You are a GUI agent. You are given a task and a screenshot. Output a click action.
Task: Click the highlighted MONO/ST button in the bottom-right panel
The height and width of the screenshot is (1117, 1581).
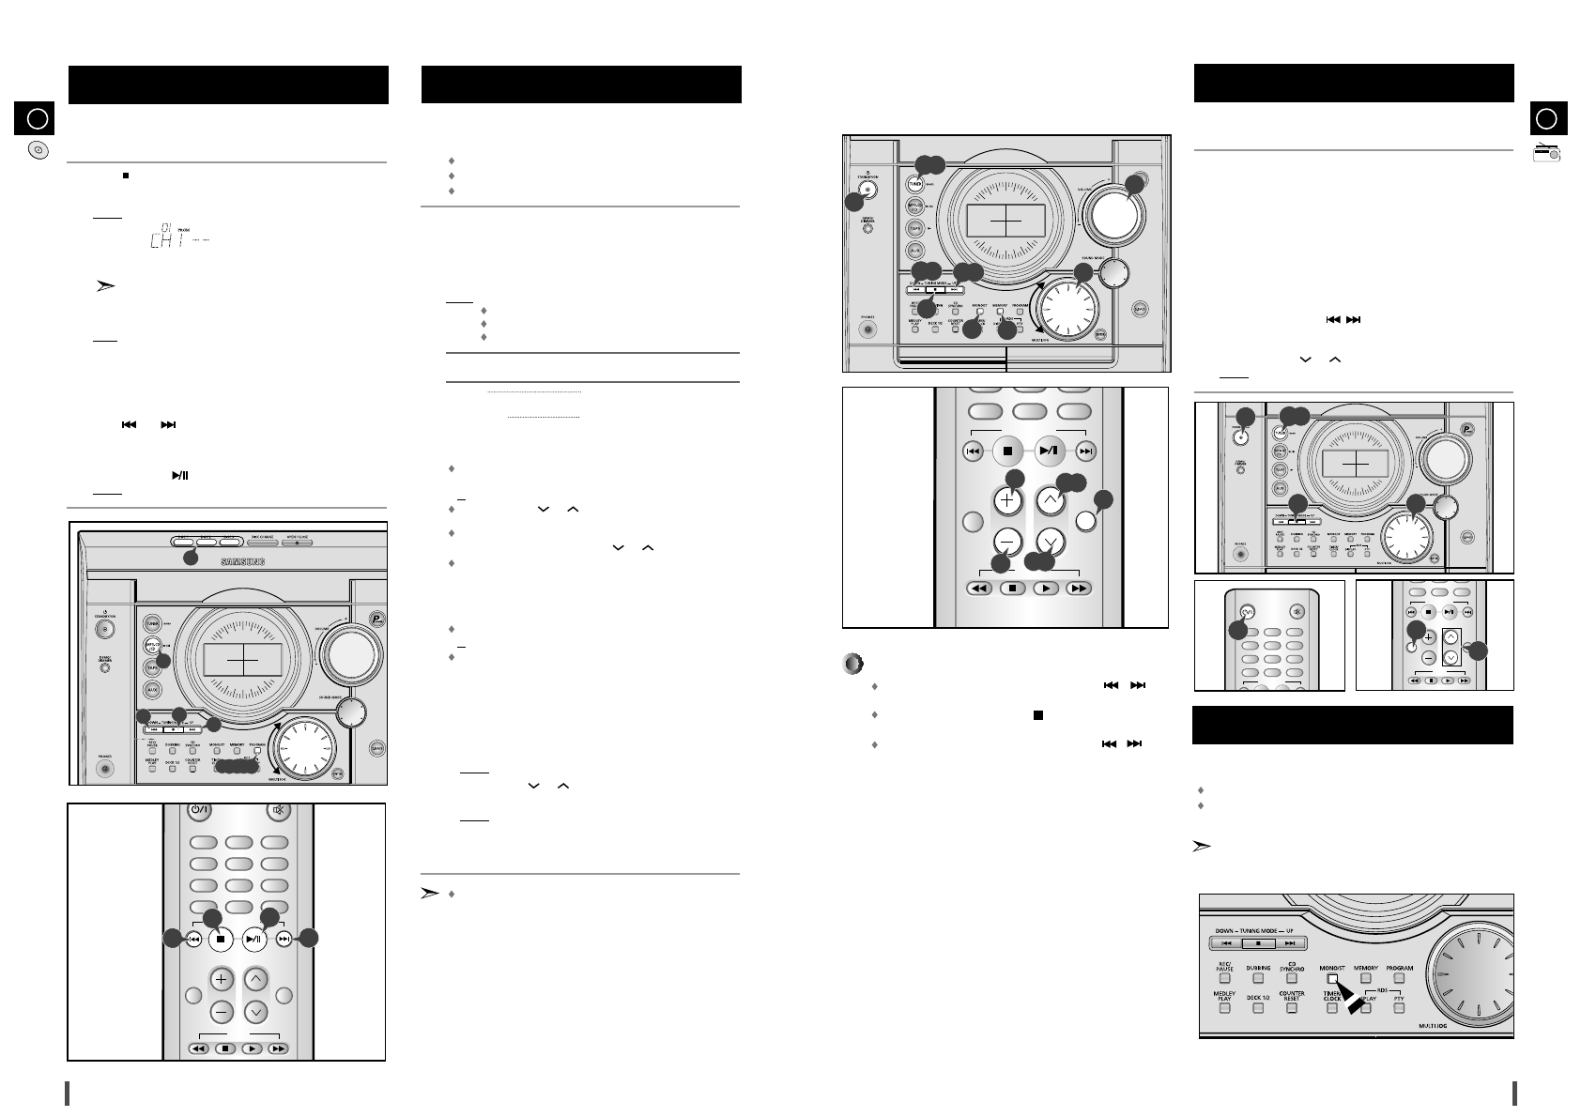point(1332,978)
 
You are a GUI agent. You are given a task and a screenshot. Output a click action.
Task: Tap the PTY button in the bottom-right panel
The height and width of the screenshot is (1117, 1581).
point(1398,1008)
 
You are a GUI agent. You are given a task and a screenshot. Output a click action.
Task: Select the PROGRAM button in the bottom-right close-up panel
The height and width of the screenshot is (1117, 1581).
point(1399,978)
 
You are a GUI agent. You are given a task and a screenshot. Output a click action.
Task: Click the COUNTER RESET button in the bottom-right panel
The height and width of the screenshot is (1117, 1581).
point(1292,1007)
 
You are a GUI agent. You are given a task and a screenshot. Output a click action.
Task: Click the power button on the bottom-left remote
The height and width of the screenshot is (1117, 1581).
point(198,810)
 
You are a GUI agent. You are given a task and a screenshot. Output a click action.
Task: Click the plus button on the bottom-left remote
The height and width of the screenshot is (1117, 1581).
point(222,980)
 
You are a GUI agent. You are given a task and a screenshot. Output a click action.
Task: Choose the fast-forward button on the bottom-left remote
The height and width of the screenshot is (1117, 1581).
point(277,1048)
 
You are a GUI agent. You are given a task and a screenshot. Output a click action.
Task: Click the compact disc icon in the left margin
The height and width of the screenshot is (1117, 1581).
point(38,150)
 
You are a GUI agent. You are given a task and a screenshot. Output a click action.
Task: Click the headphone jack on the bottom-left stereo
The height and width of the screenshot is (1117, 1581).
point(104,769)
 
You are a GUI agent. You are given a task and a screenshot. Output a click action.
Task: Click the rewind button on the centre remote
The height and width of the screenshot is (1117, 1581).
point(978,588)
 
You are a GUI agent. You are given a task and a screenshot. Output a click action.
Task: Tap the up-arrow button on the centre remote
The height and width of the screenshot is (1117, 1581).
point(1050,500)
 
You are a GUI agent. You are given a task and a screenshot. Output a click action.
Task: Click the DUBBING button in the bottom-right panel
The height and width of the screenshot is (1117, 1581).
point(1258,978)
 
